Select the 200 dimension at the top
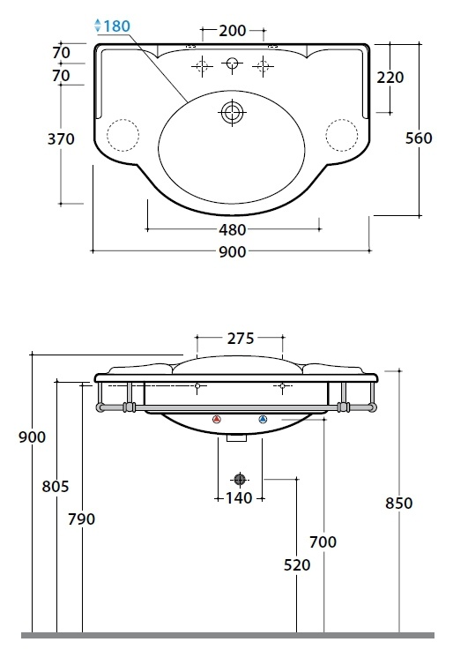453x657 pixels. tap(233, 31)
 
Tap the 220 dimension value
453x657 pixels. tap(390, 78)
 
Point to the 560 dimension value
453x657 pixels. tap(419, 138)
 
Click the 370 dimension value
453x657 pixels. tap(61, 139)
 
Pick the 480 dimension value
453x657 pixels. tap(233, 229)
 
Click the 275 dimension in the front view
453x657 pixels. tap(241, 338)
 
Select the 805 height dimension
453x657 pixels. tap(56, 487)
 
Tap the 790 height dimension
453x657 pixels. tap(82, 519)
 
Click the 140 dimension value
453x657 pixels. tap(239, 498)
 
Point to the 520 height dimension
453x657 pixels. tap(297, 565)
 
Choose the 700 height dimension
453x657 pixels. tap(323, 542)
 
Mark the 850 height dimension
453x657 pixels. tap(399, 504)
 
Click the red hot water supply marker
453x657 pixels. tap(217, 419)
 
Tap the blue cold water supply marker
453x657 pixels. tap(263, 419)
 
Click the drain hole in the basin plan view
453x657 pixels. tap(232, 112)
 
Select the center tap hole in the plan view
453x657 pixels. tap(232, 63)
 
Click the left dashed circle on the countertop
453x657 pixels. tap(123, 135)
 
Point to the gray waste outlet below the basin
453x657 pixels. tap(240, 480)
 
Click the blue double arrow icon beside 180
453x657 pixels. tap(98, 26)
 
